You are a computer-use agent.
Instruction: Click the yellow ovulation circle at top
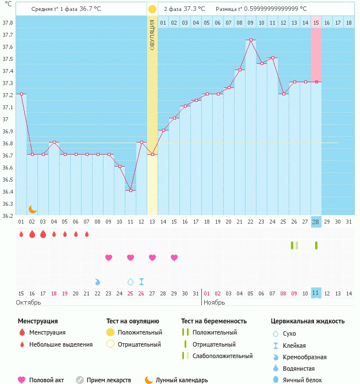[x=152, y=9]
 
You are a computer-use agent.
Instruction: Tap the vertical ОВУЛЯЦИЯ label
[x=152, y=34]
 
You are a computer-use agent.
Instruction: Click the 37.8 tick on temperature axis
[x=7, y=23]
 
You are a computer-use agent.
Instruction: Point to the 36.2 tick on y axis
[x=7, y=216]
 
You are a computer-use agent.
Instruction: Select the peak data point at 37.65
[x=251, y=40]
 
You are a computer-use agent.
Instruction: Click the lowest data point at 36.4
[x=131, y=190]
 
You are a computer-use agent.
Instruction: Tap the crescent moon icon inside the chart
[x=33, y=209]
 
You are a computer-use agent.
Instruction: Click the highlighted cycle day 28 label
[x=316, y=222]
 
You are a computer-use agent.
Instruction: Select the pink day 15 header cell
[x=316, y=22]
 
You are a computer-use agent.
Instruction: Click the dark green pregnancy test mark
[x=316, y=245]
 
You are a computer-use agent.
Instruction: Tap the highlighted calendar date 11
[x=316, y=293]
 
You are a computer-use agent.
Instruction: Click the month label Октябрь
[x=28, y=302]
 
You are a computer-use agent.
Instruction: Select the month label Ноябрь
[x=214, y=302]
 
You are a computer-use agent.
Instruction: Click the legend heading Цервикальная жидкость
[x=307, y=321]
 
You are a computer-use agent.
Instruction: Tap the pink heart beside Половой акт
[x=22, y=380]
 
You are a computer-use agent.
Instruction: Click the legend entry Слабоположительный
[x=223, y=356]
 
